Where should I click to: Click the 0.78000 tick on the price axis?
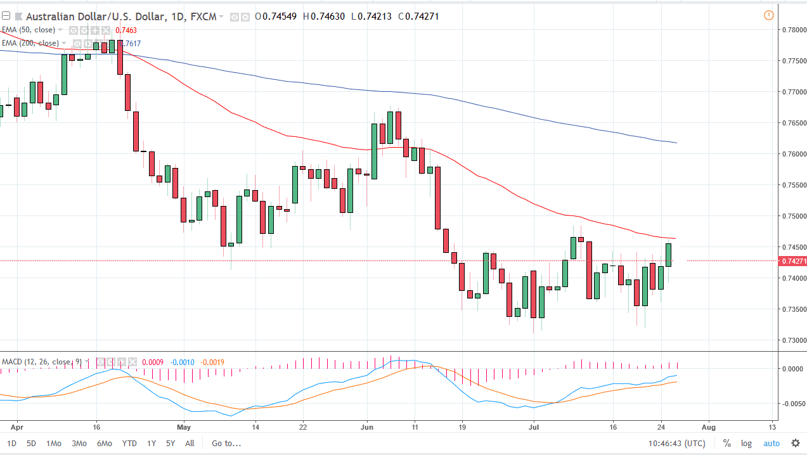tap(794, 30)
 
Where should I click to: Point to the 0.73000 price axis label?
tap(794, 340)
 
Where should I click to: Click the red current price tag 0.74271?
tap(794, 261)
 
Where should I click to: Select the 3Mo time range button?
tap(79, 444)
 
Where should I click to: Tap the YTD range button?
tap(129, 444)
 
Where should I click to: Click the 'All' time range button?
tap(190, 444)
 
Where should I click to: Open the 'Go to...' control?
tap(226, 444)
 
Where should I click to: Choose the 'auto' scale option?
tap(771, 444)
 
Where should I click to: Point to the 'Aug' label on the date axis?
tap(709, 426)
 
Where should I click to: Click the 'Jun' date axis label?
tap(367, 426)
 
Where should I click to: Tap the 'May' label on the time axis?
tap(184, 426)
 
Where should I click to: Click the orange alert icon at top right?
tap(769, 15)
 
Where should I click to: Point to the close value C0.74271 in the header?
tap(418, 16)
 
